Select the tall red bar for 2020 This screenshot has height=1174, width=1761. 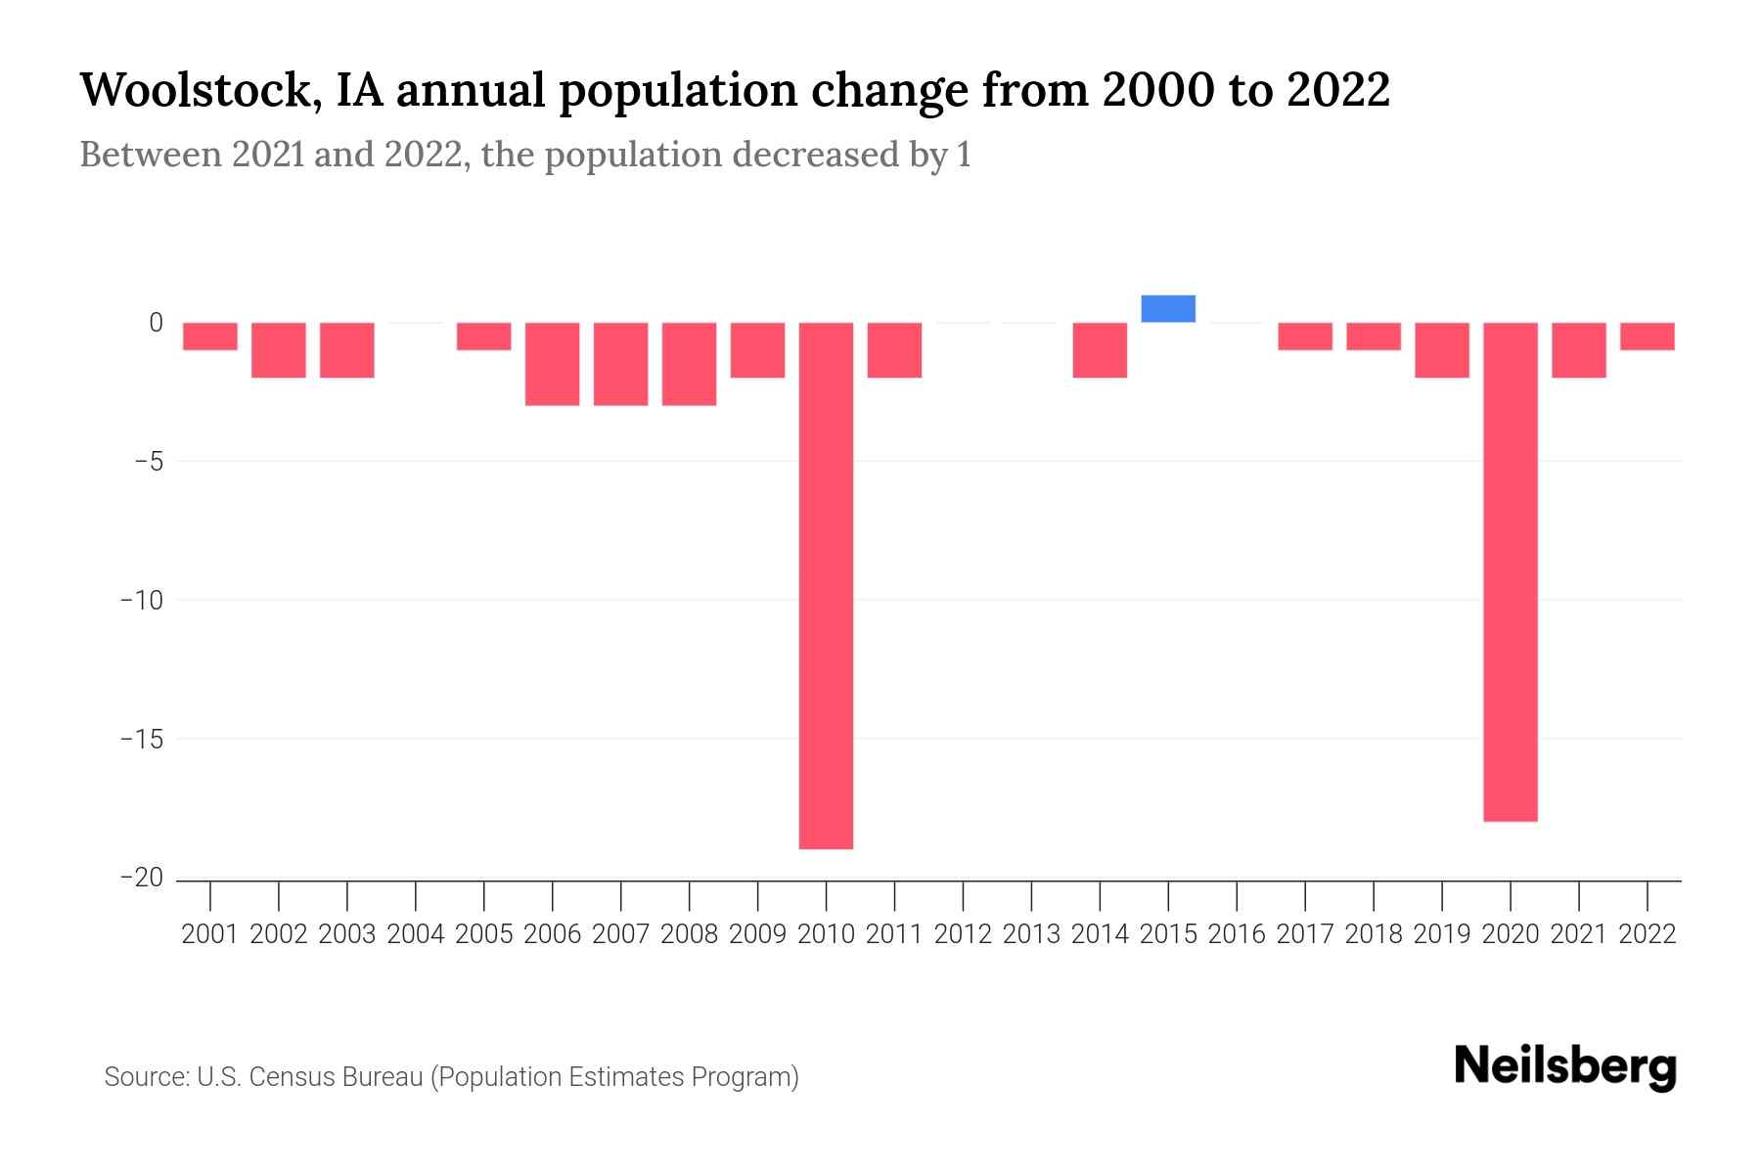(1511, 571)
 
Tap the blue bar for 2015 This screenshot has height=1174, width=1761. (1168, 308)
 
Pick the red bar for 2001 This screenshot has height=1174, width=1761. (210, 336)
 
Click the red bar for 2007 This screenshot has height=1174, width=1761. (620, 363)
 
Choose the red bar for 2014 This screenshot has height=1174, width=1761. (1100, 349)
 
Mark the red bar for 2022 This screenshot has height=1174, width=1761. (1648, 336)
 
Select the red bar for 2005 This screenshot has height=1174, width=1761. (483, 336)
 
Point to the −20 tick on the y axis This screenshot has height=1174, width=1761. (142, 878)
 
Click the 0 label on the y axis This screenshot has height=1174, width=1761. (156, 322)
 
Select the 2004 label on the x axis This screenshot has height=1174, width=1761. (416, 934)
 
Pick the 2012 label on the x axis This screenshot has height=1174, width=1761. (963, 934)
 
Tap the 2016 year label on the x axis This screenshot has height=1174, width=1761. (1237, 934)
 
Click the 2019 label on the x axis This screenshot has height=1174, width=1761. (1442, 934)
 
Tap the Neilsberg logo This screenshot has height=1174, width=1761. (1564, 1067)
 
